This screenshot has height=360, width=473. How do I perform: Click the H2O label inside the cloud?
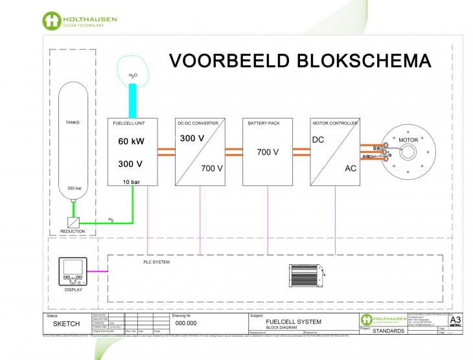coord(133,76)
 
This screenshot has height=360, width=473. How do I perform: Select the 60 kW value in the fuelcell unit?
coord(132,141)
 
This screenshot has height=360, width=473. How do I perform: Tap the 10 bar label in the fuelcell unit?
coord(132,183)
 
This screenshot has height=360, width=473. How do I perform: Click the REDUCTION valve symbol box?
coord(73,221)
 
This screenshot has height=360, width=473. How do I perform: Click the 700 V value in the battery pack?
coord(267,153)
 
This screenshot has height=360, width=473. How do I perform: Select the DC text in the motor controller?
coord(318,139)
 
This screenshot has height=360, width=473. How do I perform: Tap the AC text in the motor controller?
coord(349,168)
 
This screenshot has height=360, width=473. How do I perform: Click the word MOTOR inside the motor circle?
coord(408,139)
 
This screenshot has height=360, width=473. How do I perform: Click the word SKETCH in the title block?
coord(66,323)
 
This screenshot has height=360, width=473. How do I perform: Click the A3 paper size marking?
coord(456,319)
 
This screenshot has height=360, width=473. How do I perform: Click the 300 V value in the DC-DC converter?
coord(192,139)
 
